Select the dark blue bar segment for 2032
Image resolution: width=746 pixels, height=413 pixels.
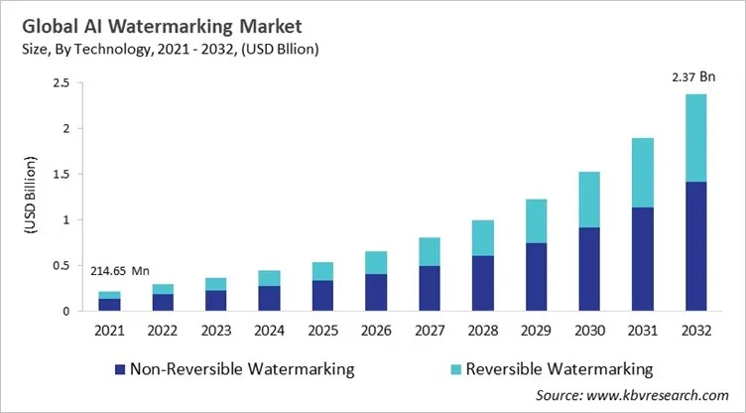(x=694, y=246)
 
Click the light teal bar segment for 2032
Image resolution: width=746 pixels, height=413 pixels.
(x=694, y=138)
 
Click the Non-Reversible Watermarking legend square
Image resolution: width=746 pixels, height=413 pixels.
(x=120, y=369)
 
